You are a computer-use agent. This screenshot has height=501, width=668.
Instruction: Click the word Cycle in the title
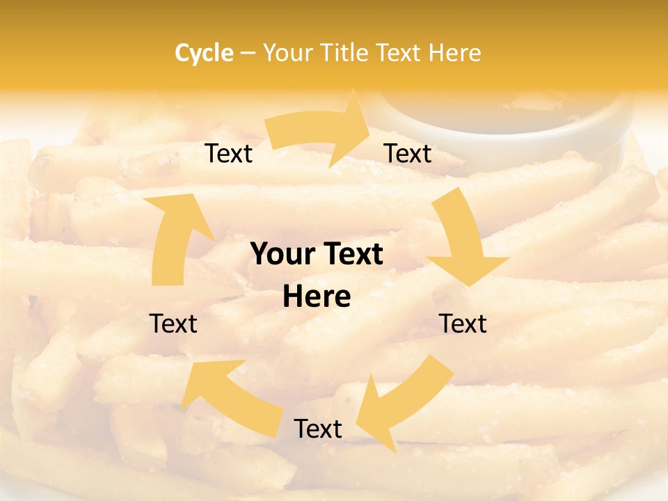(x=204, y=53)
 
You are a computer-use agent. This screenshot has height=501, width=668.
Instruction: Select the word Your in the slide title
(x=288, y=53)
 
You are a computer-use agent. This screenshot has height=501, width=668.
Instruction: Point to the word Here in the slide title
(x=454, y=53)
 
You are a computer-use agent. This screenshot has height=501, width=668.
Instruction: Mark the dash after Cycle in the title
(x=248, y=53)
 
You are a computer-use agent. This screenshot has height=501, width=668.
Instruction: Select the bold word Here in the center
(x=317, y=297)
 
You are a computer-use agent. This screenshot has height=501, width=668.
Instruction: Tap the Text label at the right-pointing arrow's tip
(x=408, y=153)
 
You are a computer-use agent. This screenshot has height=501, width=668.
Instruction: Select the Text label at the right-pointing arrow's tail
(x=228, y=153)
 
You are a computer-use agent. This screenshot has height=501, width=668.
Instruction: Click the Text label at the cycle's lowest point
(x=318, y=429)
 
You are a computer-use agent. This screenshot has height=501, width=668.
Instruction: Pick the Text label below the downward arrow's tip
(x=463, y=324)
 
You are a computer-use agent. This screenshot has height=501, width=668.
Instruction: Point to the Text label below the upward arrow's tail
(x=174, y=324)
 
